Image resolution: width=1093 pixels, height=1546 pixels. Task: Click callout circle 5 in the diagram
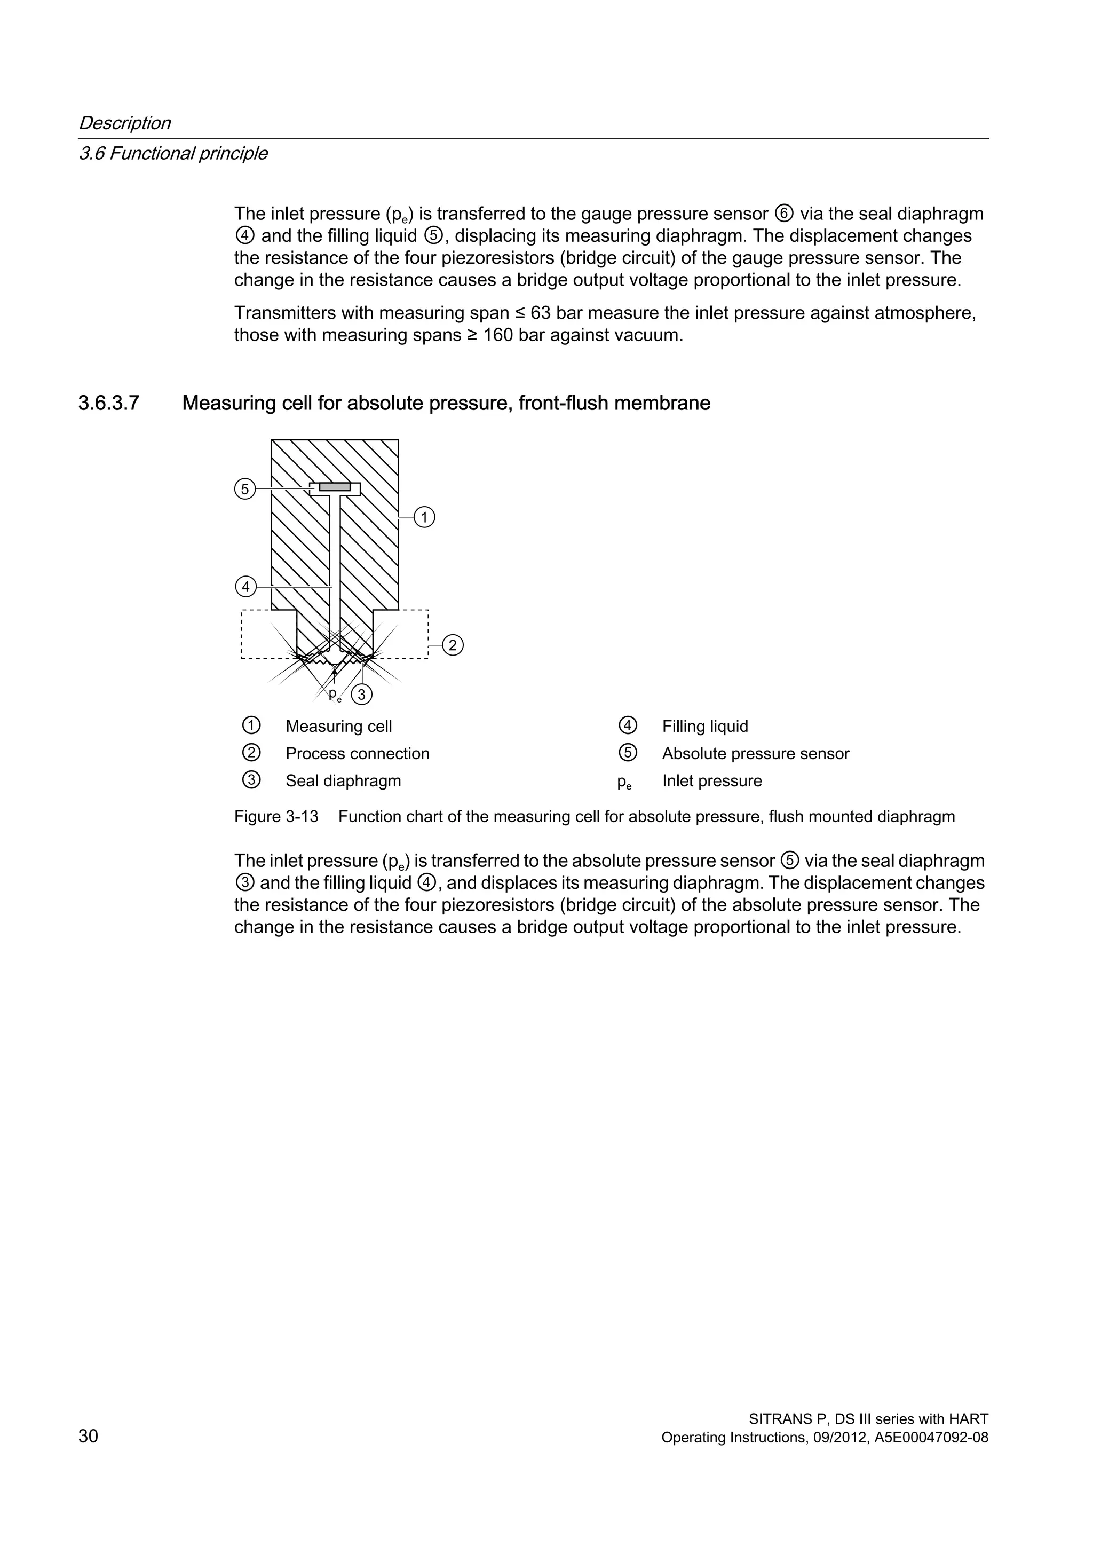[x=245, y=489]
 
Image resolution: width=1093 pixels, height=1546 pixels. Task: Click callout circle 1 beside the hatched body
[x=424, y=518]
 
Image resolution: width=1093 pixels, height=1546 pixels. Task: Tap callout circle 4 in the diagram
[x=245, y=587]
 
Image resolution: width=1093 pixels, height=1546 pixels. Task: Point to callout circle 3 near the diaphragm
[x=361, y=694]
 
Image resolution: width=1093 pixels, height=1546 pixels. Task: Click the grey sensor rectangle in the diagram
[x=335, y=486]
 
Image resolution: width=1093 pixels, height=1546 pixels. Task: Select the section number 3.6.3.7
[x=108, y=404]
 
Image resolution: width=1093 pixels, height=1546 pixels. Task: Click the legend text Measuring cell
[x=338, y=727]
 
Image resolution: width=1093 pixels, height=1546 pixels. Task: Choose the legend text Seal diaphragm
[x=343, y=781]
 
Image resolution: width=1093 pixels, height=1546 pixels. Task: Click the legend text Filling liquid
[x=704, y=727]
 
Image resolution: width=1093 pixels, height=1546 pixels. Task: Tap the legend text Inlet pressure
[x=711, y=781]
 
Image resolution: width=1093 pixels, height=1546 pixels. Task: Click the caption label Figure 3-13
[x=276, y=817]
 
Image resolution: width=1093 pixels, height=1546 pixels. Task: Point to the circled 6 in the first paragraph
[x=784, y=214]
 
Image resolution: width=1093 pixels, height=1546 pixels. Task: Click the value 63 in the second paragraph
[x=541, y=313]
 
